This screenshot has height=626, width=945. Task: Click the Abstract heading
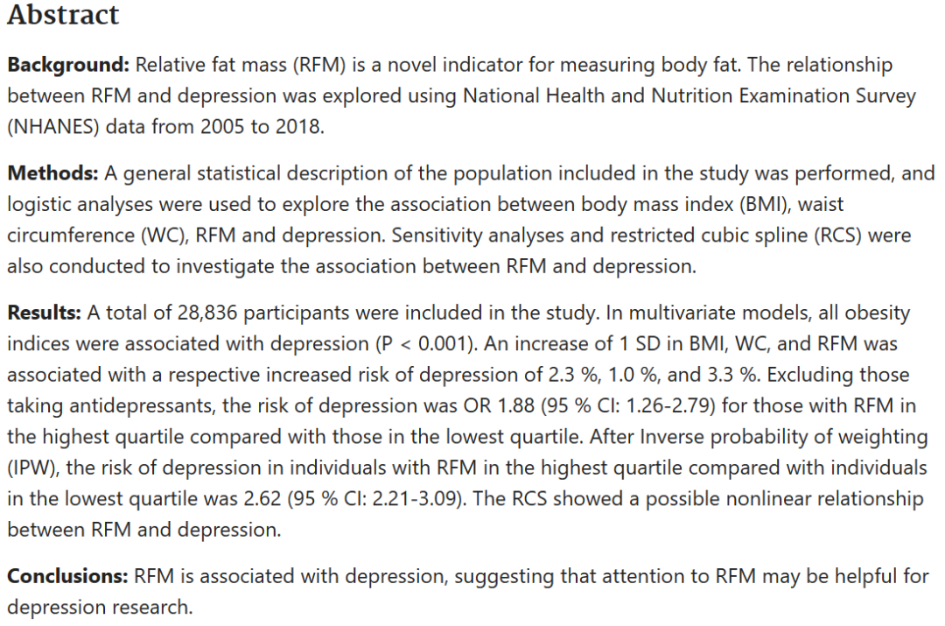pos(63,15)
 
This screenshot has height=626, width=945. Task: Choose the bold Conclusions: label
pos(67,577)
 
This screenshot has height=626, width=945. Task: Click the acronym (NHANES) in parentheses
pos(52,126)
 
